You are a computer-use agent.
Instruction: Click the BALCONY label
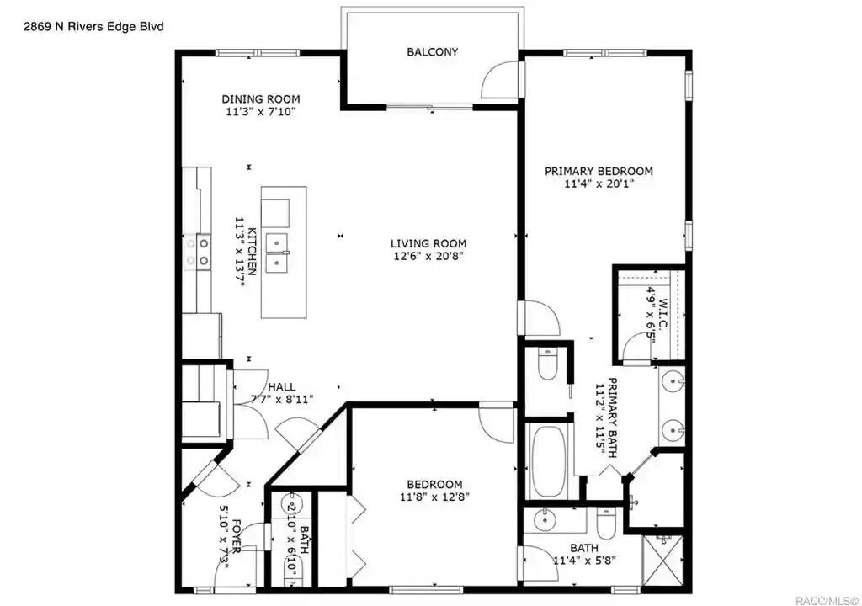[432, 51]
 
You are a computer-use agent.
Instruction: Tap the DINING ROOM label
[261, 99]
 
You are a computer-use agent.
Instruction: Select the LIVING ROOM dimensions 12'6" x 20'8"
[428, 256]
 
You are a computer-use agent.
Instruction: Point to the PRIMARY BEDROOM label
[599, 171]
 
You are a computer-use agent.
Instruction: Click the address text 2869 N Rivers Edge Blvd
[93, 26]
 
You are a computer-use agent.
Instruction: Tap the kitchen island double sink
[277, 253]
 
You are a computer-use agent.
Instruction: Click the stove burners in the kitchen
[197, 252]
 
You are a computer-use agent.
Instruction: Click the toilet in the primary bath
[547, 364]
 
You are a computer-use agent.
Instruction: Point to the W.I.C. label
[662, 313]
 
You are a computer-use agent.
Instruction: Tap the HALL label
[281, 387]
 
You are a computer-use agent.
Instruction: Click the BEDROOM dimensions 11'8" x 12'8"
[434, 497]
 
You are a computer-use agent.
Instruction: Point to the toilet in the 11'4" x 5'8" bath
[606, 523]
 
